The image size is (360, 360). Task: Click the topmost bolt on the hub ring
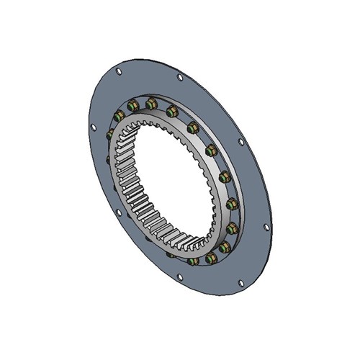(152, 104)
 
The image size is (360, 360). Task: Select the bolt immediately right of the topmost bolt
(173, 112)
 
